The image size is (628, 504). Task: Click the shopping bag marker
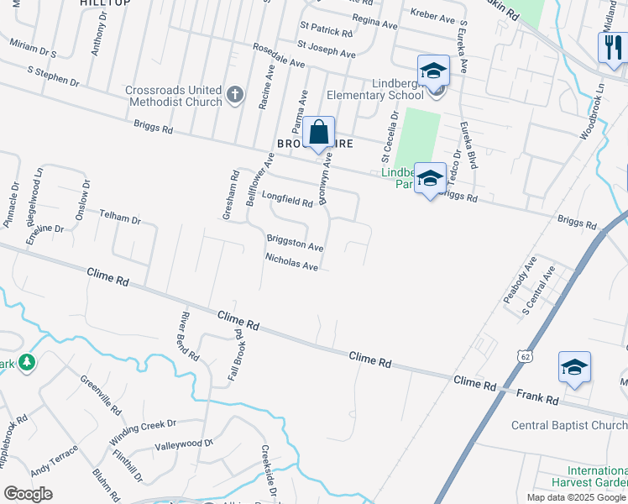tap(318, 133)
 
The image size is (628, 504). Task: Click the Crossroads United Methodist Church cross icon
tap(235, 95)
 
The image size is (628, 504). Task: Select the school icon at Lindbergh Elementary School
tap(433, 71)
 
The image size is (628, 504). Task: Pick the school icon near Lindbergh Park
tap(430, 178)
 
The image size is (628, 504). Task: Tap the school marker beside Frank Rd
tap(574, 367)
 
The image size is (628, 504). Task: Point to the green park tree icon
tap(28, 363)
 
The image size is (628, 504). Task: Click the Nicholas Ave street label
tap(291, 262)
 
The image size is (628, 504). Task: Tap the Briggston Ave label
tap(295, 243)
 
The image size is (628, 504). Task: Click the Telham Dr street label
tap(120, 217)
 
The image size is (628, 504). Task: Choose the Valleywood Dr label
tap(184, 444)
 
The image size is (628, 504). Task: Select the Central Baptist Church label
tap(568, 425)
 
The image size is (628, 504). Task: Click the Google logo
tap(29, 494)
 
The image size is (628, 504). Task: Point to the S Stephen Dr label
tap(53, 77)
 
